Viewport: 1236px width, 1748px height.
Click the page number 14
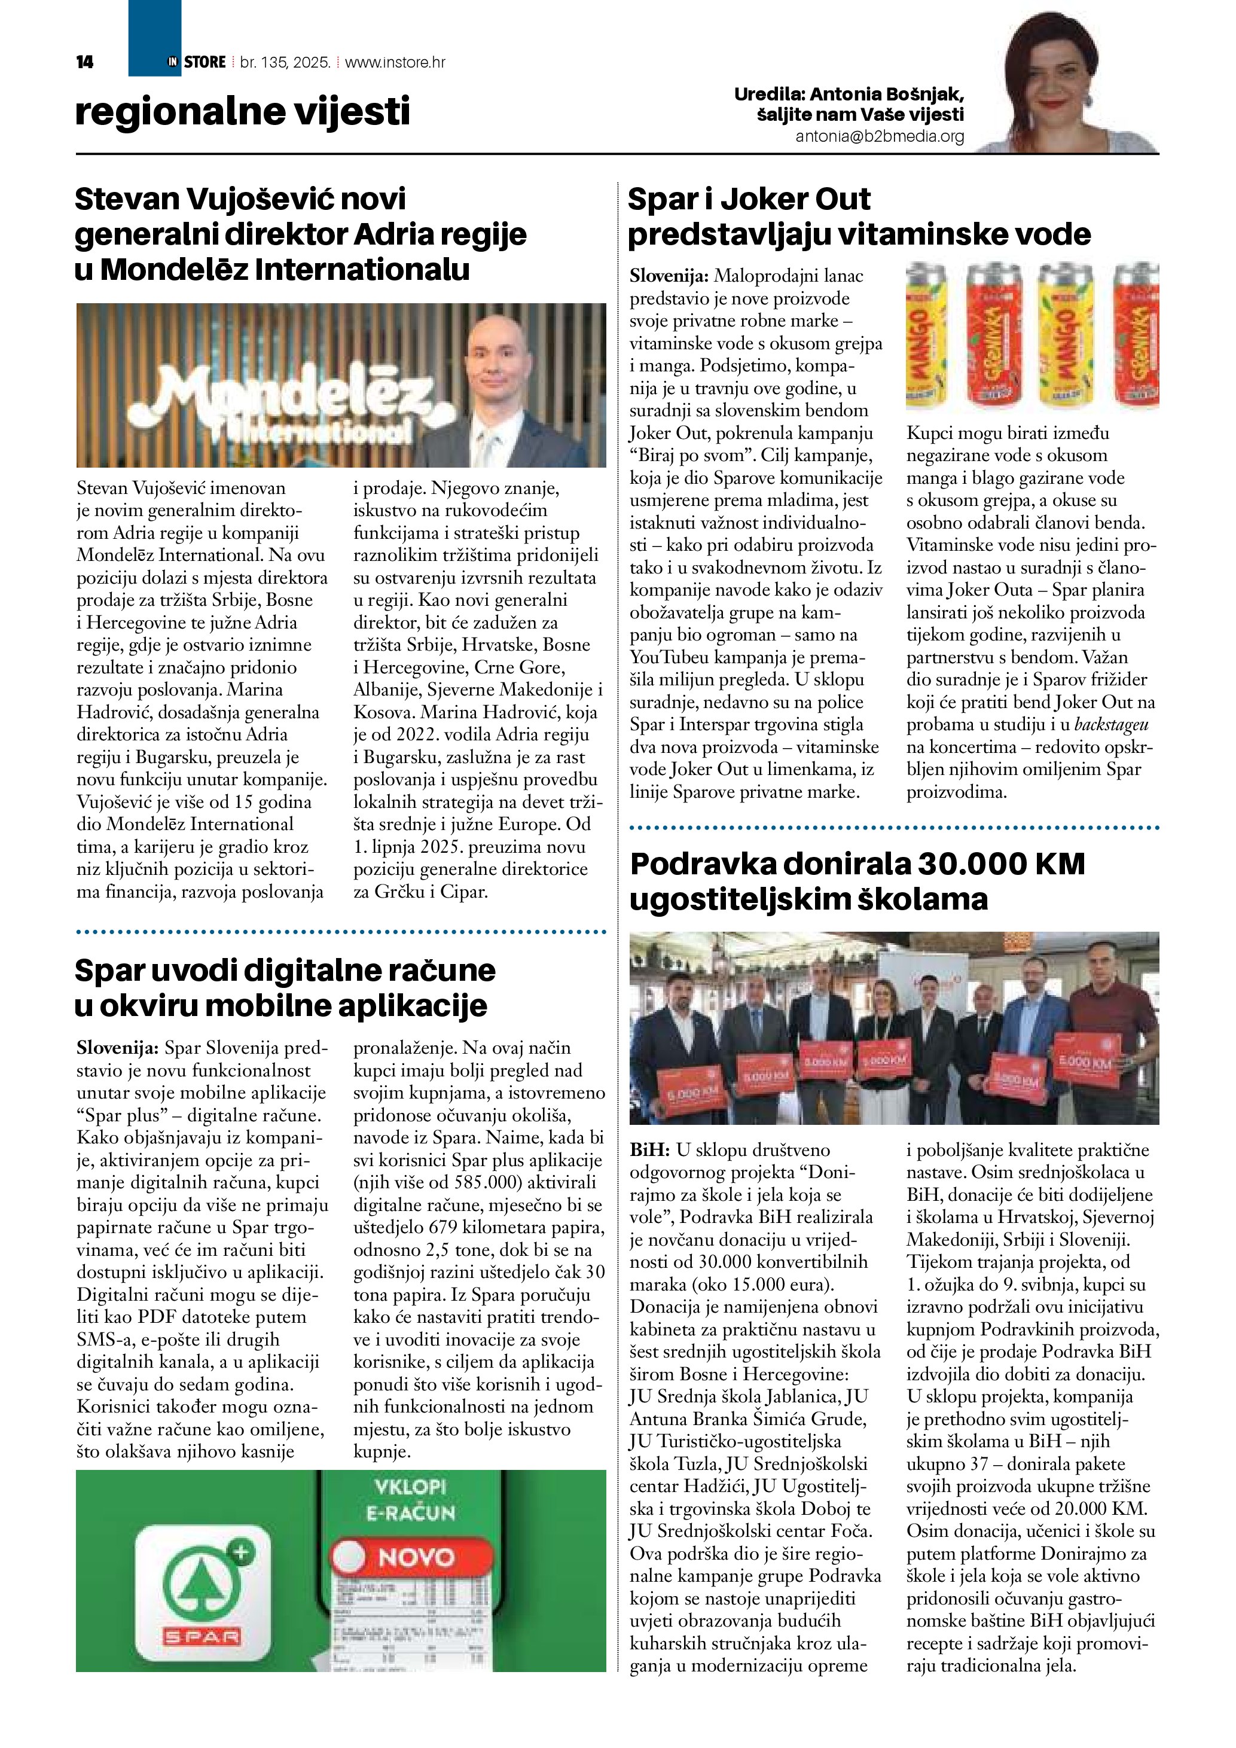84,62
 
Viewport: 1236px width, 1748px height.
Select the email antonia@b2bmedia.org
880,136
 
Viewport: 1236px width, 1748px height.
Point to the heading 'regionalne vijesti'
242,111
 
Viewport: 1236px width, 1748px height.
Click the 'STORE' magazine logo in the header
204,62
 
